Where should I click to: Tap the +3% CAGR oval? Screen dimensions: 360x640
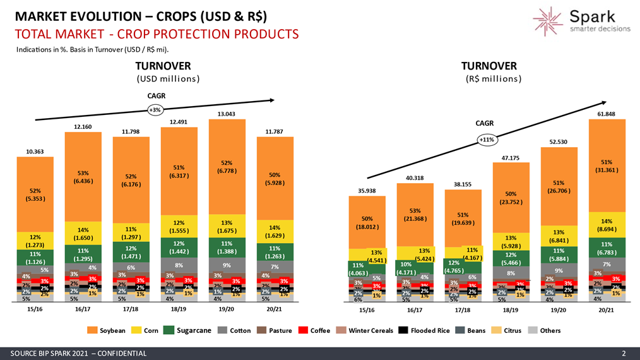click(x=155, y=109)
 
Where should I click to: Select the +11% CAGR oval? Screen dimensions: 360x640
click(x=486, y=139)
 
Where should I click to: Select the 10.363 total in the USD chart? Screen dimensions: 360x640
click(x=35, y=152)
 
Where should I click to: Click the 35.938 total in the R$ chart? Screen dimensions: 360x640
click(x=367, y=190)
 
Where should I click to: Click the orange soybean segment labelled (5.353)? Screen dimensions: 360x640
click(x=35, y=194)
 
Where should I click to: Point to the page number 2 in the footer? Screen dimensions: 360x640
click(x=624, y=353)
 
